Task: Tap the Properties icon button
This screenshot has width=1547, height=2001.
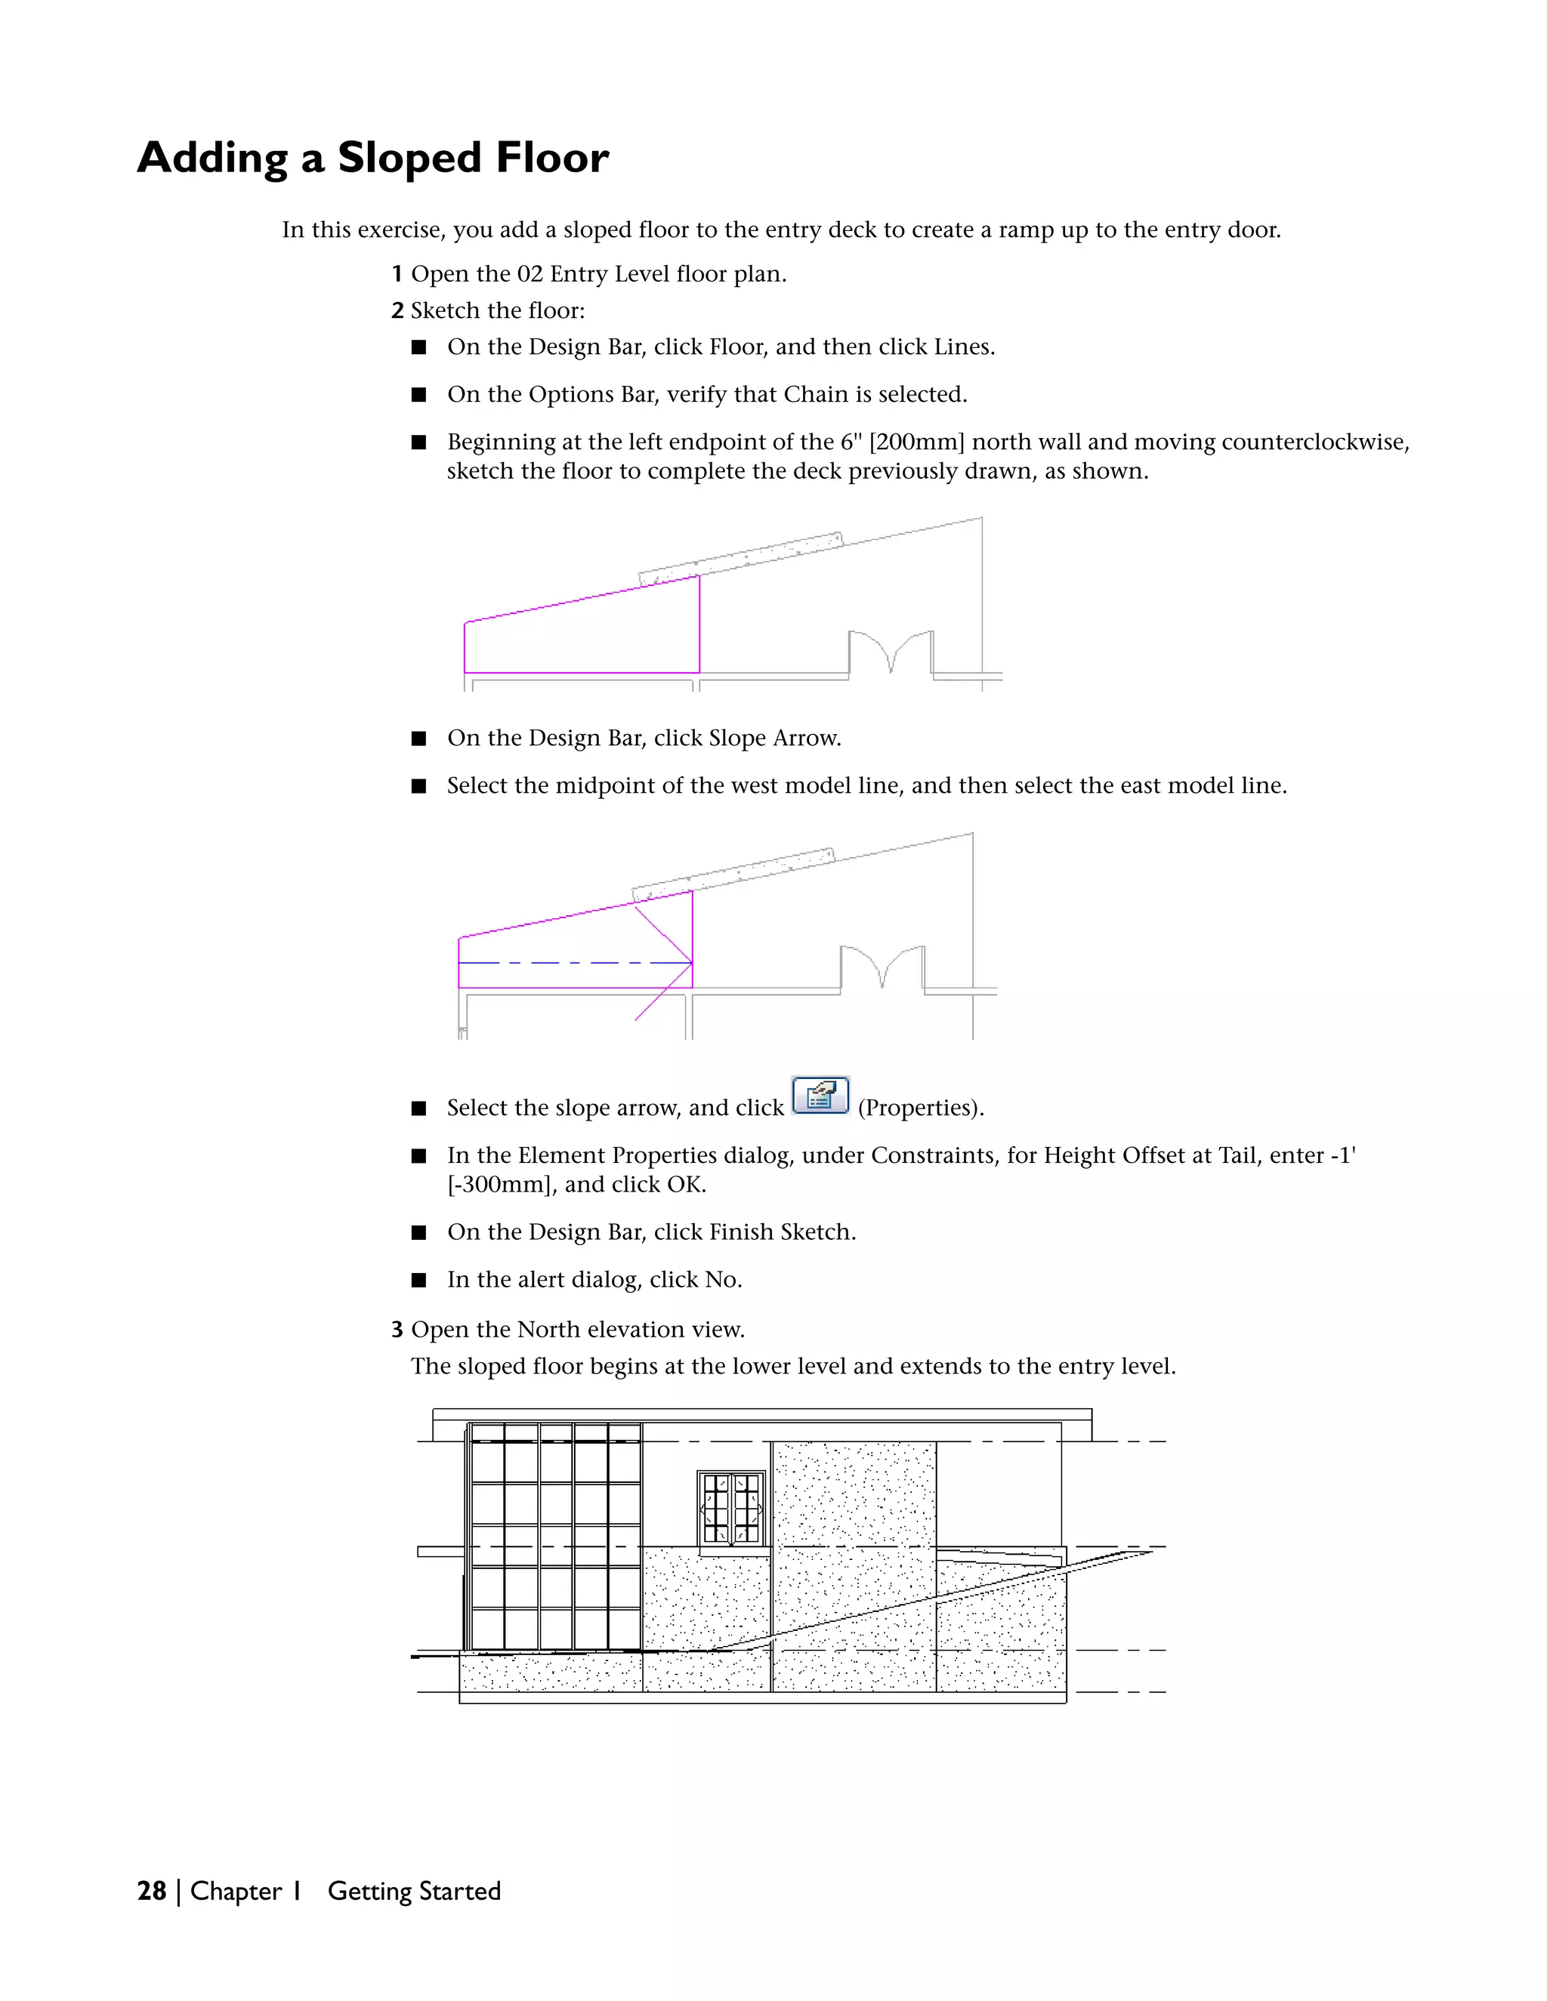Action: click(820, 1095)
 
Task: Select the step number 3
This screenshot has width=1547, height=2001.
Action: click(397, 1330)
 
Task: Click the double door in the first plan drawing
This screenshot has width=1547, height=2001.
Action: click(890, 652)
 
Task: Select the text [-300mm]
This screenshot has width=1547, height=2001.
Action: click(502, 1185)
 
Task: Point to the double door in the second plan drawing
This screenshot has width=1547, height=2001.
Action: click(882, 967)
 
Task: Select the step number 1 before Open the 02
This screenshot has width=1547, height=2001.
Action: click(397, 274)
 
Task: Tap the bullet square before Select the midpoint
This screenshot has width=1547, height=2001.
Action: click(418, 786)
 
